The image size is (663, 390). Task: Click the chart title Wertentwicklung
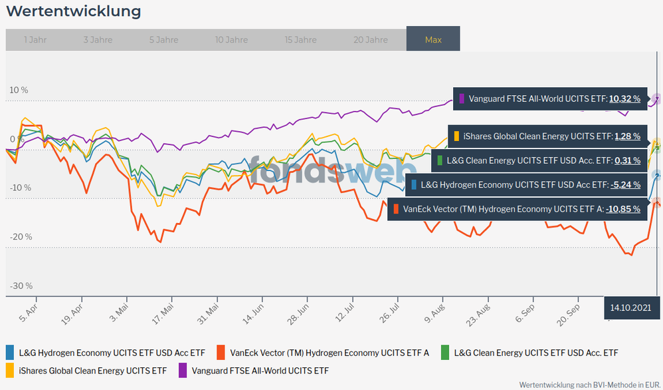coord(74,11)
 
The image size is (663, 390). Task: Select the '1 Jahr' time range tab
coord(35,40)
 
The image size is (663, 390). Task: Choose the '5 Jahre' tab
coord(163,40)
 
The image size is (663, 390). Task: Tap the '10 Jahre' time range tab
coord(231,40)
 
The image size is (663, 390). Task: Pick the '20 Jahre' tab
coord(371,40)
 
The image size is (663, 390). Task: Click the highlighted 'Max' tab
coord(433,40)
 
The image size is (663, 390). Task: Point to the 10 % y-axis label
coord(18,90)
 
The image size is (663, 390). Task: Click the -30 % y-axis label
coord(20,286)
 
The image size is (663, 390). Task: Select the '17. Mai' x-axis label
coord(163,314)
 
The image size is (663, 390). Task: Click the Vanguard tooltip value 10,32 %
coord(624,98)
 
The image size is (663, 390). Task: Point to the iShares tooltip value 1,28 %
coord(627,136)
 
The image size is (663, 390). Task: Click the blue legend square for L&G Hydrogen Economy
coord(10,352)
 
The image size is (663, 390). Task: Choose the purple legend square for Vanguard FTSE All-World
coord(182,370)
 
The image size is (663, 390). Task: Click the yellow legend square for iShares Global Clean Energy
coord(10,370)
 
